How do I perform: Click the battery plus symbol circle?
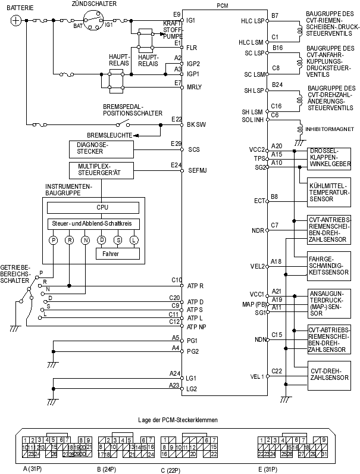pos(17,20)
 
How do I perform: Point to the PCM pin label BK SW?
pos(196,124)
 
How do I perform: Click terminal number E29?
pos(175,144)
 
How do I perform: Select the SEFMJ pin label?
pos(196,170)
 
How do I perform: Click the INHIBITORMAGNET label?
pos(325,128)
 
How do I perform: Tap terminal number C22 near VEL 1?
pos(277,371)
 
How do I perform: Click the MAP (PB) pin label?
pos(252,305)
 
